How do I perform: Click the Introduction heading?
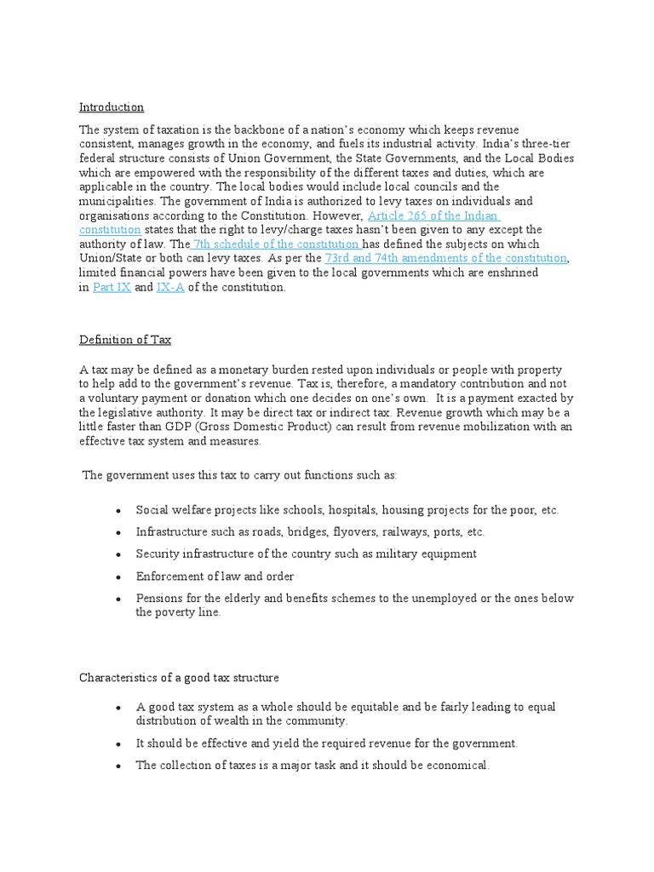tap(112, 107)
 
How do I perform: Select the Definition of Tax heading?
tap(125, 340)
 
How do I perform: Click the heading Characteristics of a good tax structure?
tap(179, 678)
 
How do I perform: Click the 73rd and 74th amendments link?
tap(445, 257)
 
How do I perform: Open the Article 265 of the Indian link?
tap(433, 216)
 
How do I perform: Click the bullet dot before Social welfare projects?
tap(118, 510)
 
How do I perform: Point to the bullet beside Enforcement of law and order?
tap(118, 577)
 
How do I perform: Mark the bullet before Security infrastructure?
tap(118, 554)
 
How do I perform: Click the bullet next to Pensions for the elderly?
tap(118, 599)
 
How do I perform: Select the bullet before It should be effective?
tap(118, 743)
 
